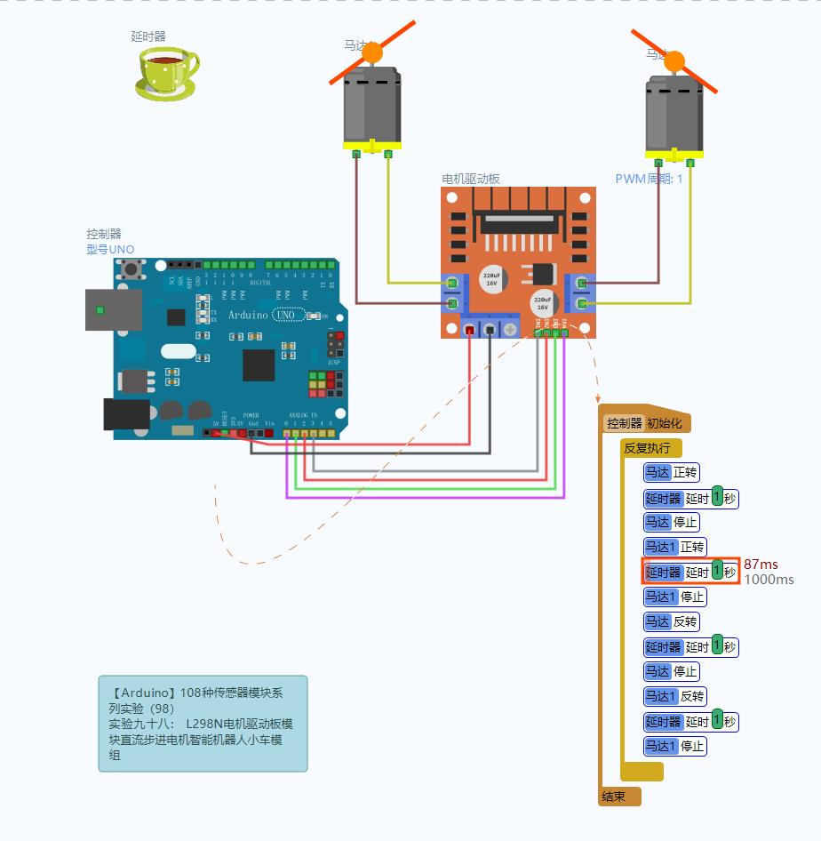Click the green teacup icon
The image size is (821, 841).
coord(166,72)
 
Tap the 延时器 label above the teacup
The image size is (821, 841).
coord(148,36)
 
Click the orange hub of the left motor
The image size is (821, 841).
coord(372,52)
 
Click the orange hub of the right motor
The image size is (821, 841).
coord(674,61)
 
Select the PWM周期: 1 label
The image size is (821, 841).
coord(649,179)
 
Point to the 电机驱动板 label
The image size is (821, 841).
coord(471,179)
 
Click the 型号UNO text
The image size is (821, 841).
coord(110,250)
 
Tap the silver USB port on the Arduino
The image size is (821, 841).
coord(112,309)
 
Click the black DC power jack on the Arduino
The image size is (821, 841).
coord(126,415)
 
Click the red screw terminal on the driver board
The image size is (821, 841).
coord(469,330)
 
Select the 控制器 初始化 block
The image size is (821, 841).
coord(645,423)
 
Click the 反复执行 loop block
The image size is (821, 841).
coord(648,448)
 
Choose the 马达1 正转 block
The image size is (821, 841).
coord(674,547)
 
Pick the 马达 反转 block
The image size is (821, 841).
coord(672,621)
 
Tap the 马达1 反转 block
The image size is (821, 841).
coord(674,696)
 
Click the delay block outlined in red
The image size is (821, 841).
coord(690,572)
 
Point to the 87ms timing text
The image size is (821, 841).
coord(761,565)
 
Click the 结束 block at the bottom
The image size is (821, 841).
coord(615,797)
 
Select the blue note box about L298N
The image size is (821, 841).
coord(203,723)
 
